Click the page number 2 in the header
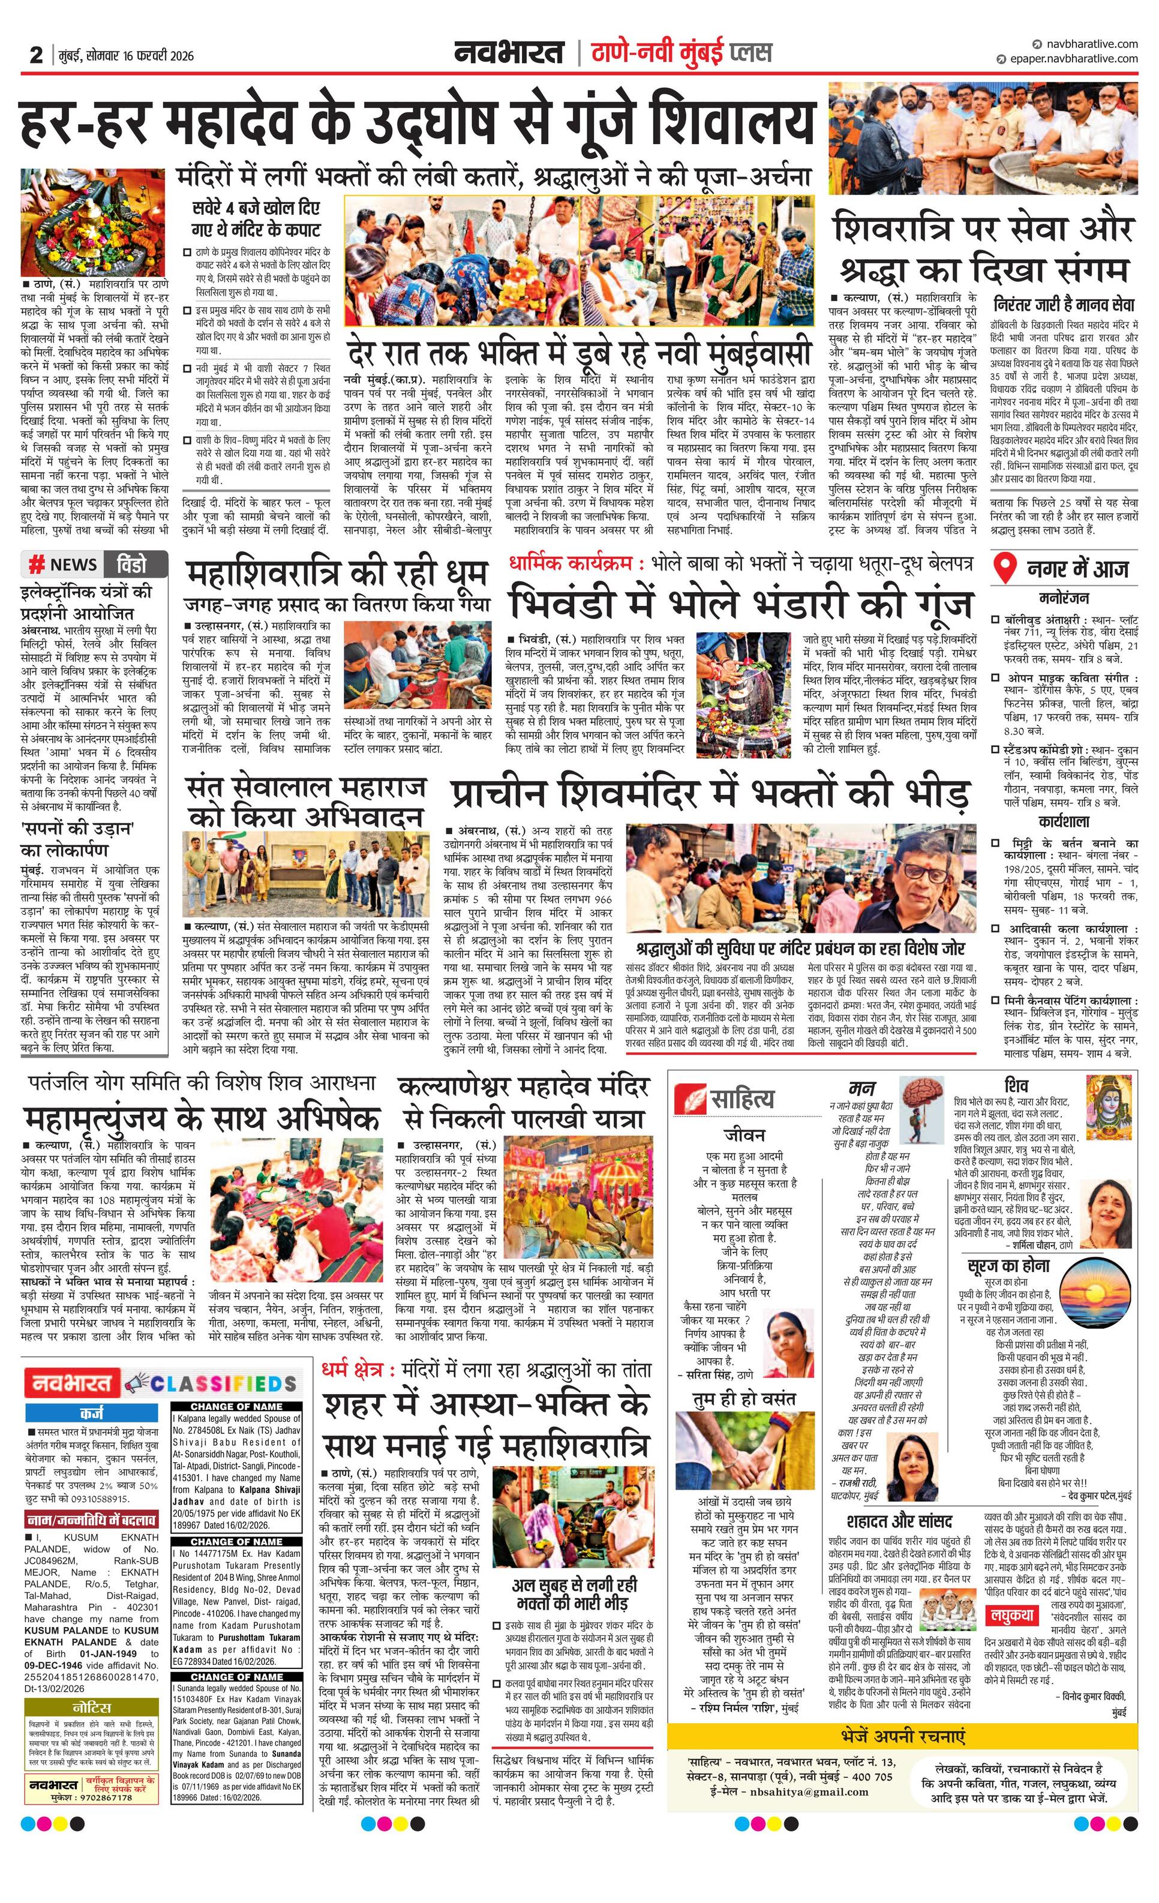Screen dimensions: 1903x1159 tap(35, 55)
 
